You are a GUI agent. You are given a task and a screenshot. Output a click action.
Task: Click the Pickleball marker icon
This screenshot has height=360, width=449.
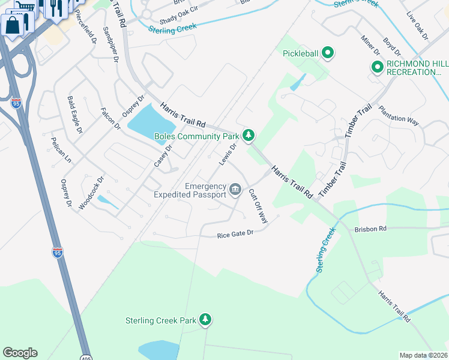(327, 53)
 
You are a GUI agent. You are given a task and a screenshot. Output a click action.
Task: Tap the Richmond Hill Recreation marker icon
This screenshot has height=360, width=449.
(378, 67)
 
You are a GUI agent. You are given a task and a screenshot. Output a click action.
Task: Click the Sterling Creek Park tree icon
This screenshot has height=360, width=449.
(205, 320)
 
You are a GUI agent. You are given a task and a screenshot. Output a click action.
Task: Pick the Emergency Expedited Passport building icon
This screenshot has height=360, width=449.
(236, 190)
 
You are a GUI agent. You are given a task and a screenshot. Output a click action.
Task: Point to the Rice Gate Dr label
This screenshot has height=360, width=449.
(235, 235)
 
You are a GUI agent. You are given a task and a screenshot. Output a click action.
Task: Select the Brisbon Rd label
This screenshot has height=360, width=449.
(370, 229)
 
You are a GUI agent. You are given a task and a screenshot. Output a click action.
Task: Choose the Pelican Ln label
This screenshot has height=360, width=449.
(61, 150)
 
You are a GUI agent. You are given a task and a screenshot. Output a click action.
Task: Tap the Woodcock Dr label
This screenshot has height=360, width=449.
(91, 191)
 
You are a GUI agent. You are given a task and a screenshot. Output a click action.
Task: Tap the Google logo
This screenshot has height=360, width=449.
(20, 353)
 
